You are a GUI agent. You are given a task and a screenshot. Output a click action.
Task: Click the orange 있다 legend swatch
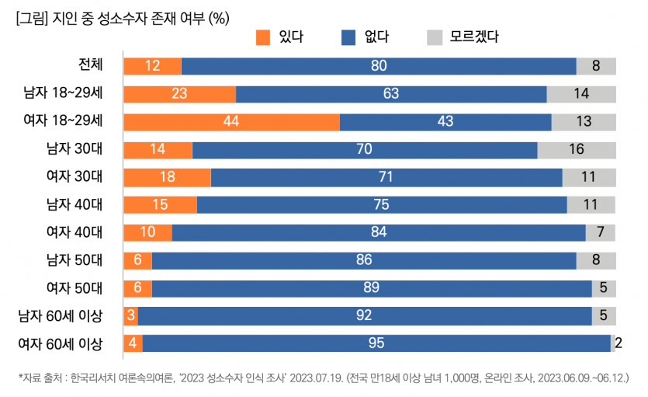pyautogui.click(x=263, y=37)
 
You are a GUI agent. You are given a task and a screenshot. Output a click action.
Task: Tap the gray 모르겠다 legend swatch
pyautogui.click(x=434, y=37)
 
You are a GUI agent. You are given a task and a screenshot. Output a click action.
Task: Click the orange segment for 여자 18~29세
pyautogui.click(x=231, y=122)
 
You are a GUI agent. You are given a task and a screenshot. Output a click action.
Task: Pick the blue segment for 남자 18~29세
pyautogui.click(x=391, y=94)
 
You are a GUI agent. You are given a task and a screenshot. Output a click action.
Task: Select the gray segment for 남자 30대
pyautogui.click(x=577, y=149)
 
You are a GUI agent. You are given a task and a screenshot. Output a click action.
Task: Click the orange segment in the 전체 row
pyautogui.click(x=152, y=66)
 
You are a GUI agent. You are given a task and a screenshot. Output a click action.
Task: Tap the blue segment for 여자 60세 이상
pyautogui.click(x=376, y=343)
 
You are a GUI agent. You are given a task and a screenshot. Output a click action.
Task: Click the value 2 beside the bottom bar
pyautogui.click(x=619, y=343)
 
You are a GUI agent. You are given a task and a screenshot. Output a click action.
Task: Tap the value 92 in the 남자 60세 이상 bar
pyautogui.click(x=364, y=315)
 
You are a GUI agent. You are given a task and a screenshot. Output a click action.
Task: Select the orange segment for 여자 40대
pyautogui.click(x=147, y=232)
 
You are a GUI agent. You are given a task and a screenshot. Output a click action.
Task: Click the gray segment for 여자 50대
pyautogui.click(x=604, y=287)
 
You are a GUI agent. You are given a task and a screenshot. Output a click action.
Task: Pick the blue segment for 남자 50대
pyautogui.click(x=364, y=259)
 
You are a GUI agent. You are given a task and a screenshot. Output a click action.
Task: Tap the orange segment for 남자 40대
pyautogui.click(x=160, y=204)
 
